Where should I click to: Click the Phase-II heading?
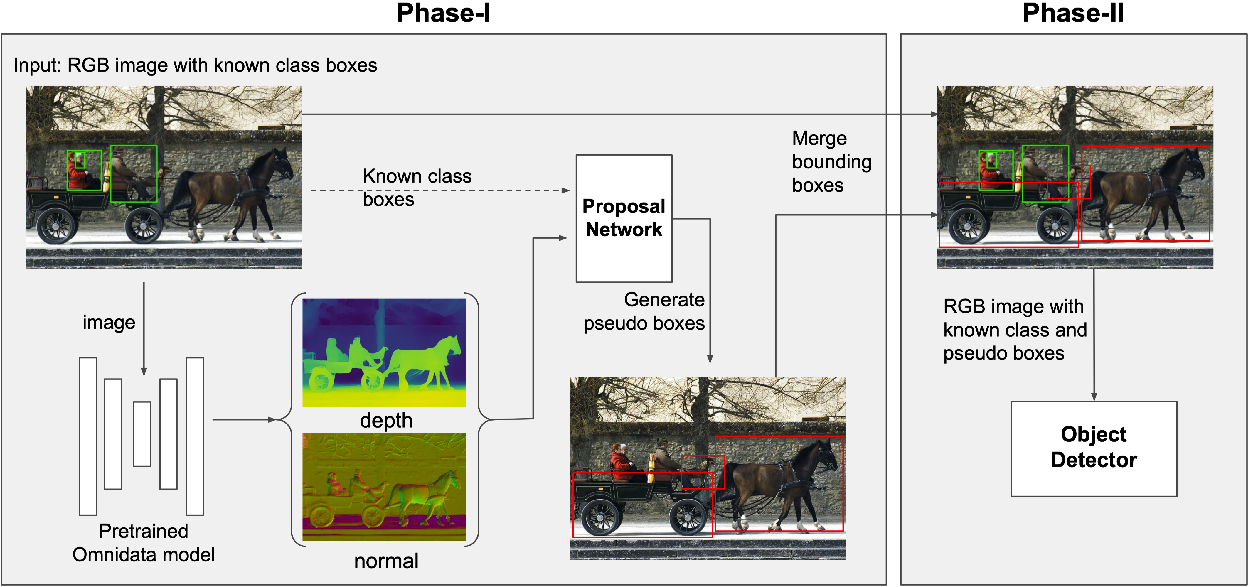pyautogui.click(x=1073, y=13)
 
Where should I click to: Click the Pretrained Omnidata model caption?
pyautogui.click(x=144, y=543)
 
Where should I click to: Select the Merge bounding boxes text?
pyautogui.click(x=831, y=162)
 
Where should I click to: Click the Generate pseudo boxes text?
pyautogui.click(x=644, y=311)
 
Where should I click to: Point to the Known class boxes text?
pyautogui.click(x=417, y=187)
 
